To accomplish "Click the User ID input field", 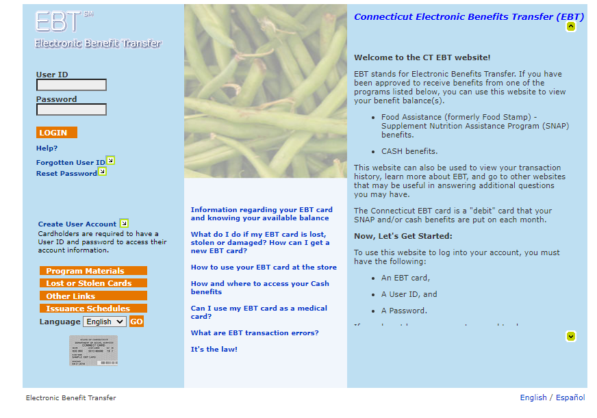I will click(x=71, y=85).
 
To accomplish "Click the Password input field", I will click(x=71, y=109).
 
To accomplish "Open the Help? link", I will click(x=47, y=148).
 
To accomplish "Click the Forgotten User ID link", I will click(x=71, y=162).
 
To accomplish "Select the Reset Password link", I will click(x=66, y=173).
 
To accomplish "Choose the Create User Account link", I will click(x=77, y=224).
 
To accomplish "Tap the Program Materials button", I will click(x=93, y=271).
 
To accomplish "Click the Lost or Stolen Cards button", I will click(x=93, y=283).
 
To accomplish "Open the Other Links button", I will click(x=93, y=296).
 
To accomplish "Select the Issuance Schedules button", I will click(x=93, y=309).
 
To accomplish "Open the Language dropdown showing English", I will click(x=104, y=322).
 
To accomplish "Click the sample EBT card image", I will click(x=93, y=350).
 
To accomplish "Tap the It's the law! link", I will click(x=214, y=349).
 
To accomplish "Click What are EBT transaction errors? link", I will click(x=254, y=332).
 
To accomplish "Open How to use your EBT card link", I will click(x=264, y=267).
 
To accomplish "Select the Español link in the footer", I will click(x=570, y=397).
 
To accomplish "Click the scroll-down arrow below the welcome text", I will click(x=571, y=336).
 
